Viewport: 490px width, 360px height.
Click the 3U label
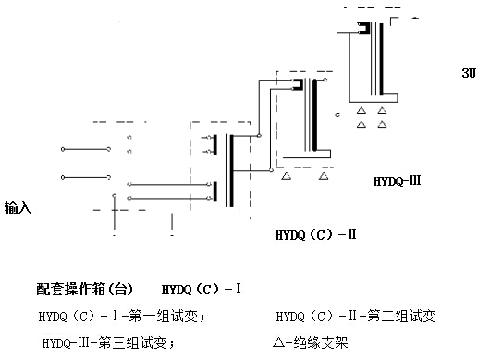click(469, 73)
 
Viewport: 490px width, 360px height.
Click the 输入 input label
click(18, 207)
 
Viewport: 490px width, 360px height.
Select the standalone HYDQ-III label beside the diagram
click(397, 181)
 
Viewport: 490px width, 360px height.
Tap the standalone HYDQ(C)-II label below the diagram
click(315, 234)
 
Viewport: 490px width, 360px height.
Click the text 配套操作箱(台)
click(84, 289)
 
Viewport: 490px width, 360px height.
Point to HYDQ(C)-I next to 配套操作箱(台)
click(202, 289)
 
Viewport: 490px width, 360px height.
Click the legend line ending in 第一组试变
click(122, 316)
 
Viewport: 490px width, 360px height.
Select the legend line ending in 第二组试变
click(356, 316)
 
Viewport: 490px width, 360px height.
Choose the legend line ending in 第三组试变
click(108, 342)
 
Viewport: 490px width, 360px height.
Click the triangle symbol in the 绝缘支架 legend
click(278, 342)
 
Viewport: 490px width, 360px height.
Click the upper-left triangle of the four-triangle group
click(361, 110)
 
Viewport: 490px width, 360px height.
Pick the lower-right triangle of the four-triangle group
click(382, 125)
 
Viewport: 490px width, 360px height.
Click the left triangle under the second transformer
click(287, 176)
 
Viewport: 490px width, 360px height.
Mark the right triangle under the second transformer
click(324, 176)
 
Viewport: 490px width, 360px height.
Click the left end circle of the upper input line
click(63, 149)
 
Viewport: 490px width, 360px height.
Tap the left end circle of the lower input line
click(63, 177)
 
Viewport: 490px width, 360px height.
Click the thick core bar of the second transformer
click(314, 115)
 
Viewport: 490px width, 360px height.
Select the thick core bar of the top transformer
click(381, 58)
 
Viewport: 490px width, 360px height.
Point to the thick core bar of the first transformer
click(231, 171)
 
